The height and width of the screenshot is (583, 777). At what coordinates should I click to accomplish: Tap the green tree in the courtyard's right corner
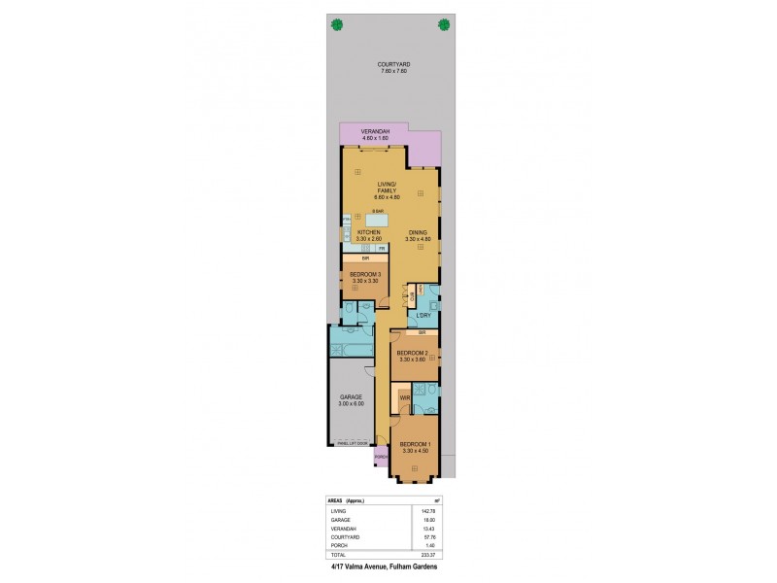coord(443,25)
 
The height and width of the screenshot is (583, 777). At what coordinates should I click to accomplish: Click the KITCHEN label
coord(369,232)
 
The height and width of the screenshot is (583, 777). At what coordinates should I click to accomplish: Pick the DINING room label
coord(418,232)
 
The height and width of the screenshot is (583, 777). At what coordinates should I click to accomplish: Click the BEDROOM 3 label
coord(365,275)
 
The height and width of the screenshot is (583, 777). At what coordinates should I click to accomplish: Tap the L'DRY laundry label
coord(423,316)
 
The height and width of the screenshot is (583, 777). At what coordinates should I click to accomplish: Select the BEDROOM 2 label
coord(414,353)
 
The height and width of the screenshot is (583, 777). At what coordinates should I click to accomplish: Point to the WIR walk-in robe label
coord(404,396)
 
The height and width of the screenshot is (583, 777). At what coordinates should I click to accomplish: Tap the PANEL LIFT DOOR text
coord(352,443)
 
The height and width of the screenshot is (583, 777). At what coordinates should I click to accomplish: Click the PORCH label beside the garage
coord(381,457)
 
